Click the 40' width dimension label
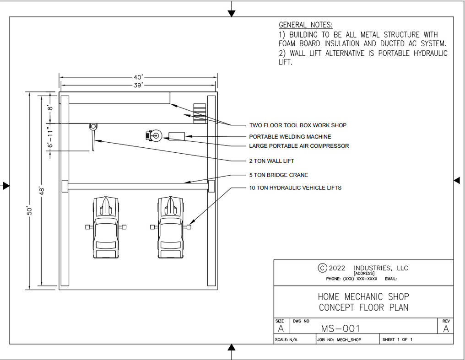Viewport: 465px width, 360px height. [138, 77]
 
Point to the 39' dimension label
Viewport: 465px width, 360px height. [138, 85]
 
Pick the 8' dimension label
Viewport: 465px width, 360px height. [50, 108]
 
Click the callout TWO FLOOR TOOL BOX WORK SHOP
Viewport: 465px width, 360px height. [297, 125]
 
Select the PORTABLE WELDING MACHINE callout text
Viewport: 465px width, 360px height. [290, 137]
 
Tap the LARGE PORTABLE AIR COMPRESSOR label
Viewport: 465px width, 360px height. [299, 146]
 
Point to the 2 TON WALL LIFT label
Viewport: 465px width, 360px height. [271, 161]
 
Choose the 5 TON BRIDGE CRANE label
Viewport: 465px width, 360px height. [278, 175]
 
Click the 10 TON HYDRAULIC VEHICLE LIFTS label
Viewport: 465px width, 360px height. [295, 188]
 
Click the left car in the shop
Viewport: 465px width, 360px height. [105, 226]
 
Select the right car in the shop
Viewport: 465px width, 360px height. [170, 226]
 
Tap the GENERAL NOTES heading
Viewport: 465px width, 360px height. [305, 25]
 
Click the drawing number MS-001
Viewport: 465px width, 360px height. [340, 328]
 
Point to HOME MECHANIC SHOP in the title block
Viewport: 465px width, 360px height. [363, 296]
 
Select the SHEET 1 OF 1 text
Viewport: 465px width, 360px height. [397, 340]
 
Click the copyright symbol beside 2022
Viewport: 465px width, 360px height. [322, 268]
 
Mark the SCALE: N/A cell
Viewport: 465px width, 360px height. [286, 340]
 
